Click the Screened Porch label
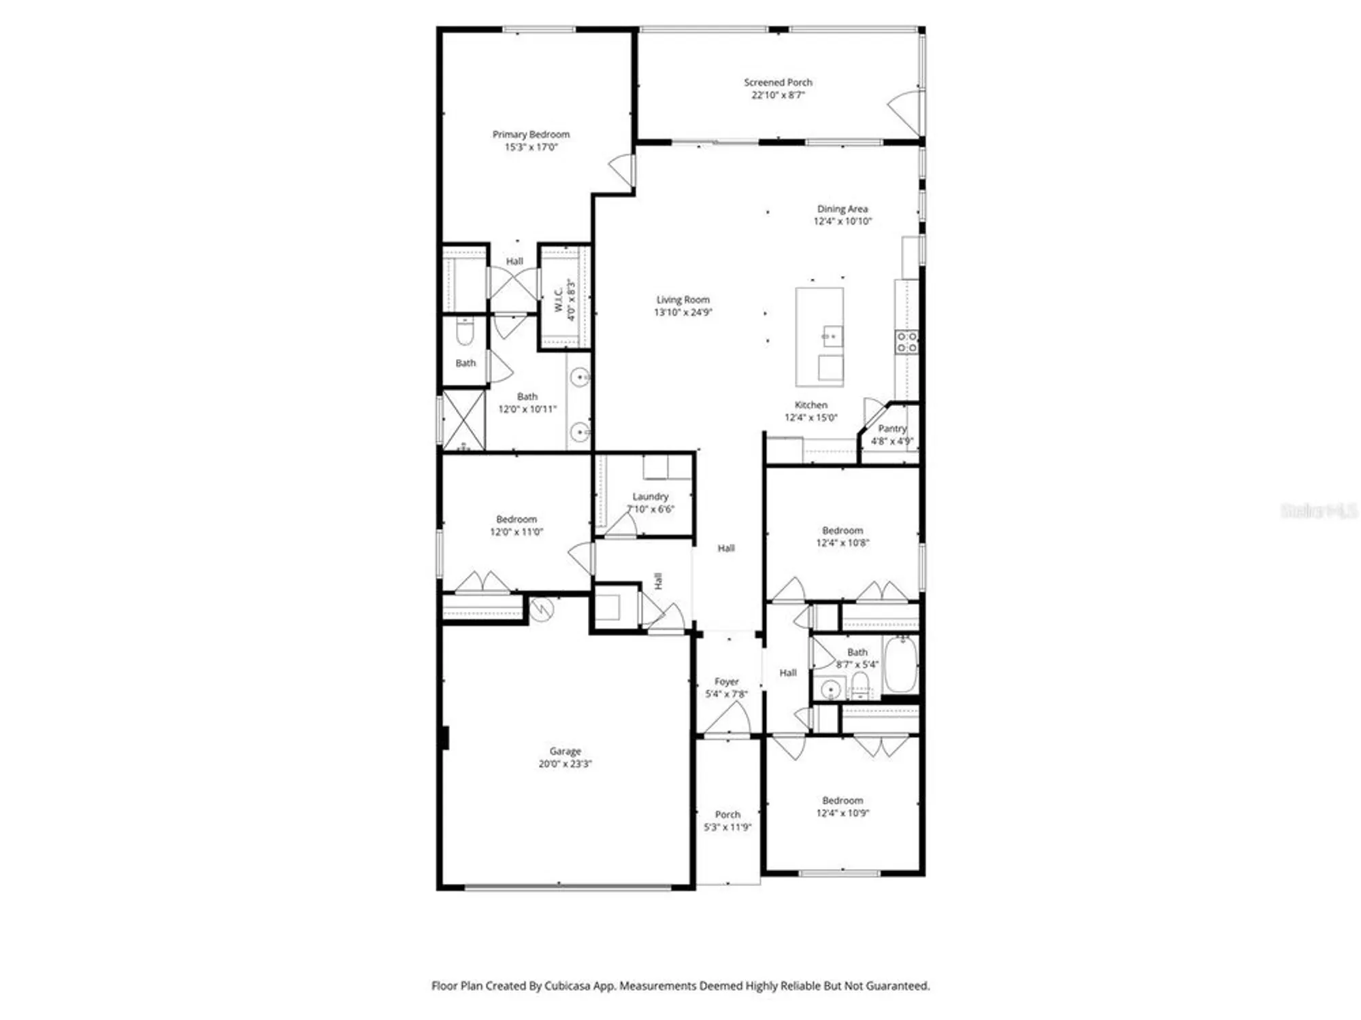[x=778, y=82]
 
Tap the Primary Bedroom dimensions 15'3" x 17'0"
[x=531, y=147]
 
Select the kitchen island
[x=819, y=337]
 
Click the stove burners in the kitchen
[x=906, y=342]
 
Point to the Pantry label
[x=892, y=428]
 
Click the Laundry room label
[x=650, y=496]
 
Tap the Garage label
[x=565, y=751]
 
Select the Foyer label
[x=726, y=681]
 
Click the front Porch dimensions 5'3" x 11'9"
[x=727, y=827]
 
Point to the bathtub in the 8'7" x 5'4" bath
[x=901, y=664]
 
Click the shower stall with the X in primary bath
[x=464, y=420]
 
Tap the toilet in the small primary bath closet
[x=465, y=333]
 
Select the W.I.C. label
[x=559, y=300]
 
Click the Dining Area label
[x=842, y=209]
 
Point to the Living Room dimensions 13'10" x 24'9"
[x=683, y=312]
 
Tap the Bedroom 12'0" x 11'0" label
[x=516, y=519]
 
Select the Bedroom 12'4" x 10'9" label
[x=842, y=800]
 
